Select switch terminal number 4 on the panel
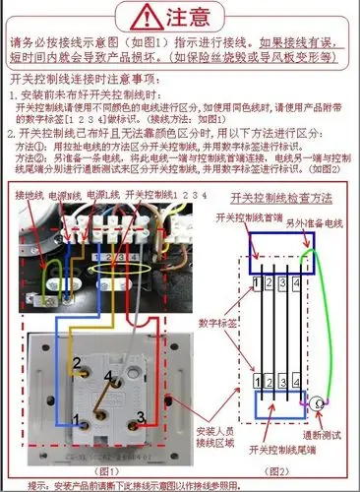coord(106,374)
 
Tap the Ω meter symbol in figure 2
coord(318,403)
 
